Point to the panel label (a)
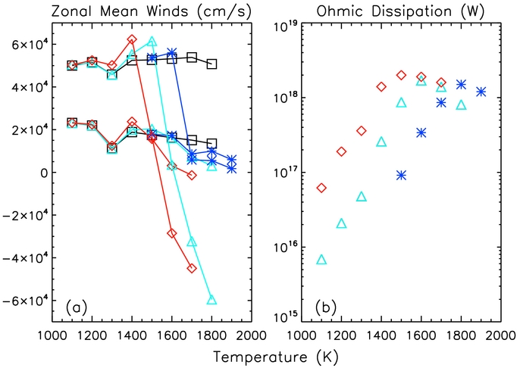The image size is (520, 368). (x=78, y=307)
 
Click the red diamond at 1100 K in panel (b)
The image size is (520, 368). (x=321, y=188)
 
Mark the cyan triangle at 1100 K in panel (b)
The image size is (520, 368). (x=321, y=260)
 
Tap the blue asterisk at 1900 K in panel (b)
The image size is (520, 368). (x=481, y=92)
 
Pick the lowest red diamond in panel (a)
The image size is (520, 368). (x=192, y=268)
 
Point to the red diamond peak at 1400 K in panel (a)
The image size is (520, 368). (x=132, y=39)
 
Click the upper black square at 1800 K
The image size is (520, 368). (x=211, y=64)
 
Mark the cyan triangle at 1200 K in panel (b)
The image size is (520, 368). (x=341, y=223)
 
